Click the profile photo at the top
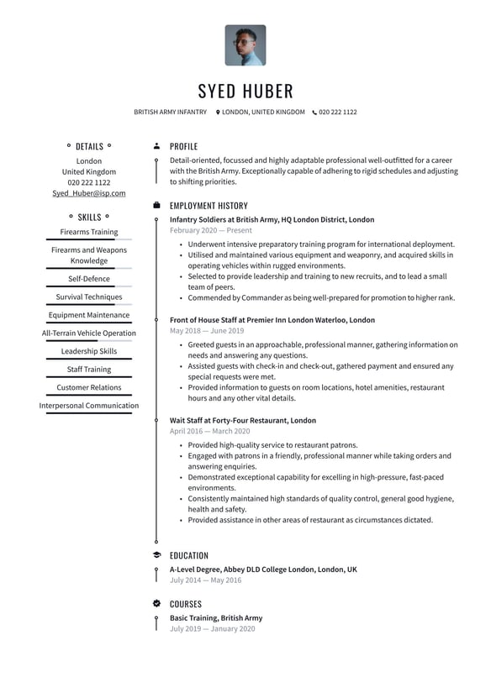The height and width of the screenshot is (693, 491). point(245,45)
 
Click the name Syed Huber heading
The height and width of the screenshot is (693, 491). point(245,91)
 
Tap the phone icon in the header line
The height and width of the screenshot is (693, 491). point(314,112)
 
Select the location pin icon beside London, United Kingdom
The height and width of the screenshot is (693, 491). point(218,112)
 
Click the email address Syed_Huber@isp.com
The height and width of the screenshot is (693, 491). point(89,193)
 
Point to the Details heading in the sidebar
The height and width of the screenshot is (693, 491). point(89,146)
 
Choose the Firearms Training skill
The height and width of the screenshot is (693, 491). point(89,232)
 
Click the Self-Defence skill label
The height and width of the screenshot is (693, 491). point(89,279)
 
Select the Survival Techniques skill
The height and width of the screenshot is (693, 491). point(89,297)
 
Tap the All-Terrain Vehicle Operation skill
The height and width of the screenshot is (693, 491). point(89,333)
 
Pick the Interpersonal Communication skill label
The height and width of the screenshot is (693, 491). point(89,406)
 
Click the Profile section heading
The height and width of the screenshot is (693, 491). point(183,146)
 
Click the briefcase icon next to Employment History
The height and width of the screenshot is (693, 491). point(156,205)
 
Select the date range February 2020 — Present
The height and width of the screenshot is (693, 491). point(210,230)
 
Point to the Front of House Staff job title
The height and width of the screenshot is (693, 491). point(272,320)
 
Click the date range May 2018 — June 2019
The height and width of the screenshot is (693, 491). point(207,331)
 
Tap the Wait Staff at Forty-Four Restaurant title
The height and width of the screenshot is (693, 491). point(243,420)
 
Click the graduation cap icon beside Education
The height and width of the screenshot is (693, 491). point(156,555)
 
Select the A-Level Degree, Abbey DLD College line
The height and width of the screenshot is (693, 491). point(263,570)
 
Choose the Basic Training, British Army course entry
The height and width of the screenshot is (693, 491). point(216,618)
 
